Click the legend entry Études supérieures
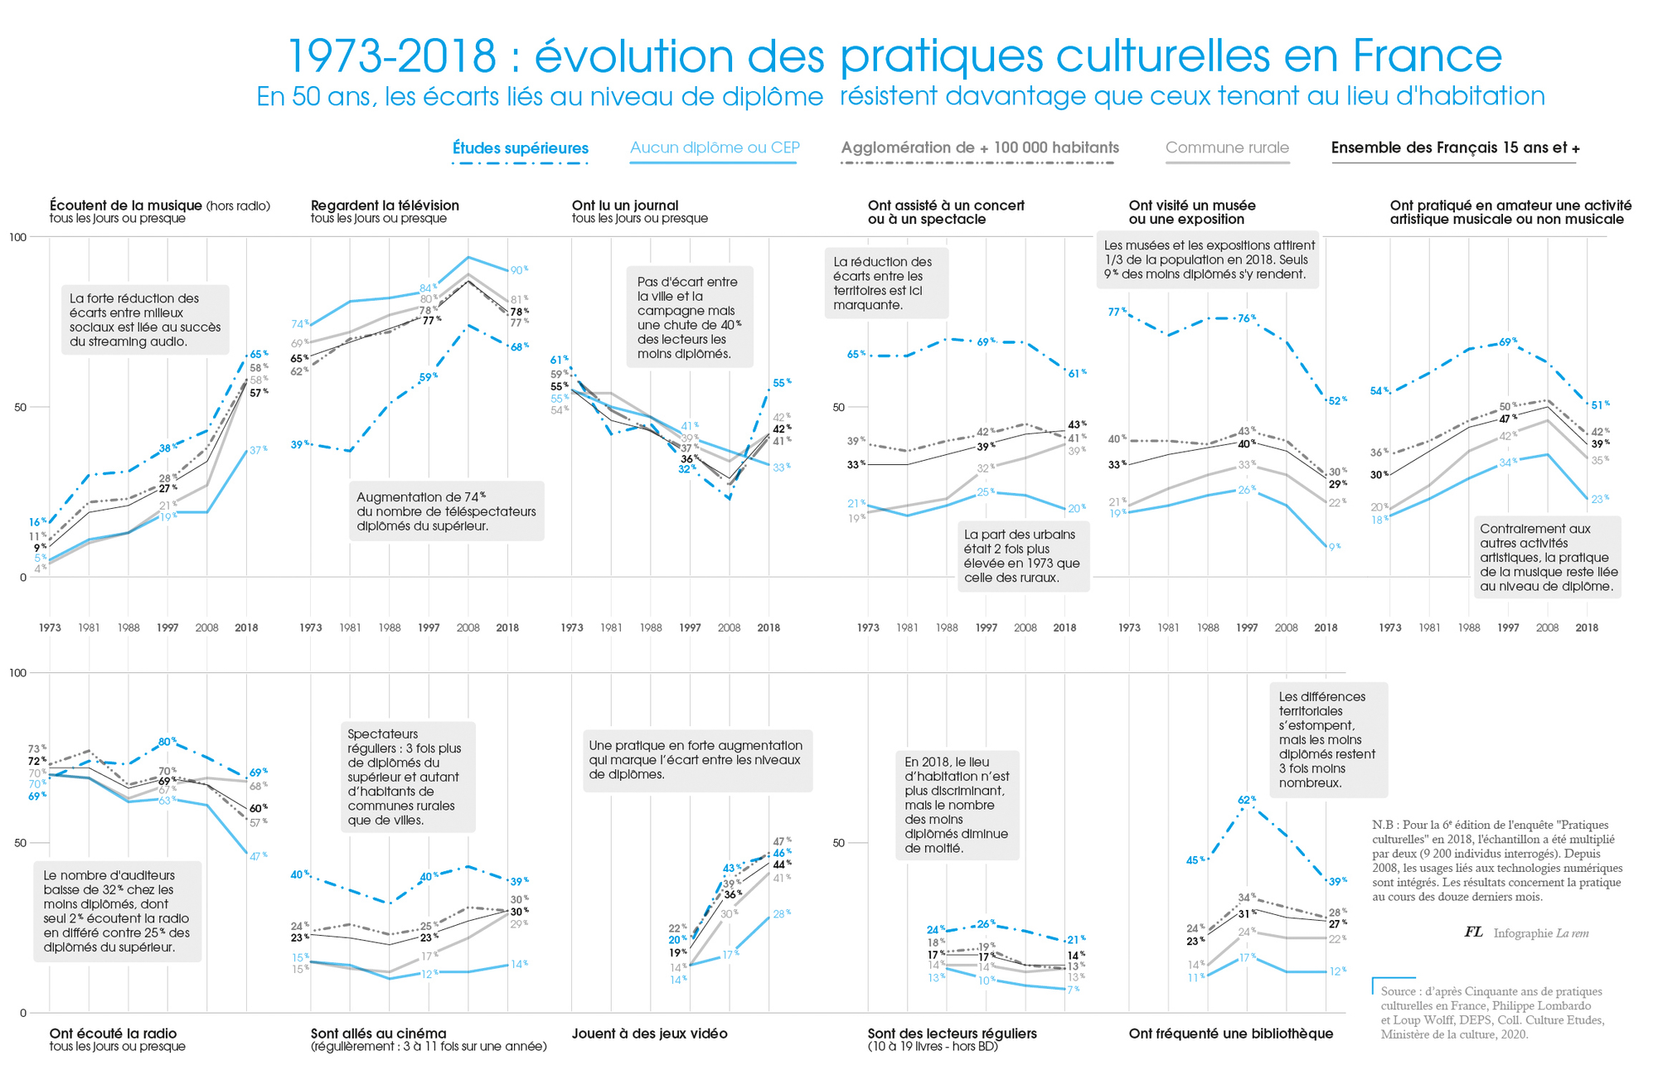(x=520, y=148)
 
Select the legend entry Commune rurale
(x=1227, y=148)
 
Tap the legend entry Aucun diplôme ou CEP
(x=715, y=148)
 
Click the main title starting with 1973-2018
(x=894, y=56)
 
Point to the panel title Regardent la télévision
(x=385, y=206)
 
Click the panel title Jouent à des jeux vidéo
(x=649, y=1034)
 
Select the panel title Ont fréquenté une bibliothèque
(x=1230, y=1034)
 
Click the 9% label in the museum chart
(x=1334, y=547)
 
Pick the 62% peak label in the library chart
(x=1247, y=801)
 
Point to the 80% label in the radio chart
(x=167, y=742)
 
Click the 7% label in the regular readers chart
(x=1074, y=990)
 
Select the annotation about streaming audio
(x=145, y=320)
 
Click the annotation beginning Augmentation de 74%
(x=446, y=511)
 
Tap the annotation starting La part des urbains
(x=1023, y=556)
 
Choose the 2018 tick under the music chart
(x=246, y=628)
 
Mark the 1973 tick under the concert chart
(x=868, y=628)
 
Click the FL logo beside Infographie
(x=1473, y=932)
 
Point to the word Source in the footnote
(x=1398, y=991)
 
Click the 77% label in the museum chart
(x=1117, y=312)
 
